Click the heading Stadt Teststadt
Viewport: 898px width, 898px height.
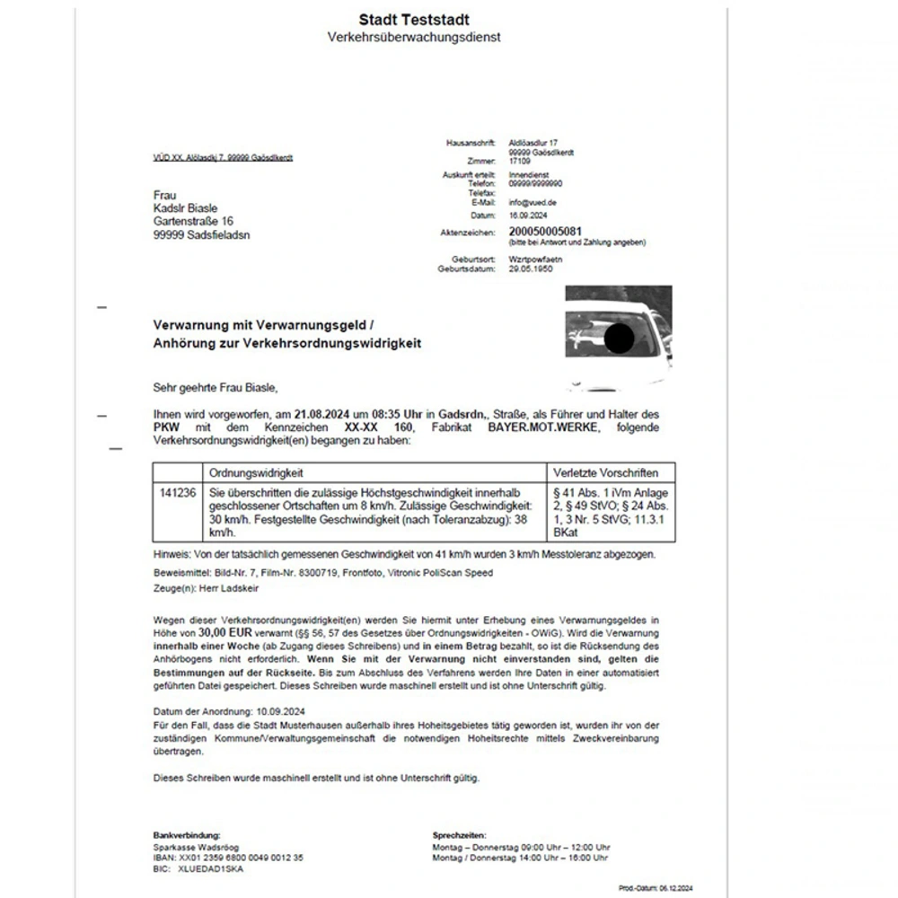[x=413, y=19]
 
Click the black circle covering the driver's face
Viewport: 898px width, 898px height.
[x=618, y=339]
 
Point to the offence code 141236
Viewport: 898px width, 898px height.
[x=177, y=493]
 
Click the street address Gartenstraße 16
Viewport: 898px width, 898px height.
[x=194, y=221]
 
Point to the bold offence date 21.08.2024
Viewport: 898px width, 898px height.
[x=322, y=413]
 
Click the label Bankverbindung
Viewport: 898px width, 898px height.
[x=187, y=835]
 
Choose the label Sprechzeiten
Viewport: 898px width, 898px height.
[x=459, y=835]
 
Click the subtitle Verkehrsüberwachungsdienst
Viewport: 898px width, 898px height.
[x=413, y=37]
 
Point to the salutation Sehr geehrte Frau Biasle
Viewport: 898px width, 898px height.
[x=216, y=387]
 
